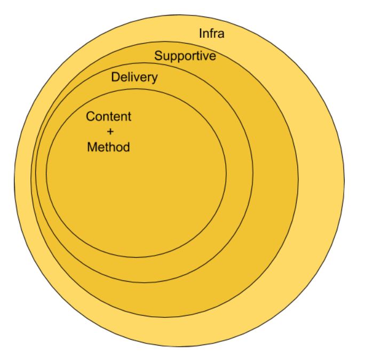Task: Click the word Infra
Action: [211, 34]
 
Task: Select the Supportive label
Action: [185, 55]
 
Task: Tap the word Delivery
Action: [134, 77]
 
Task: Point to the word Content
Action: [108, 116]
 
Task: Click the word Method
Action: [108, 147]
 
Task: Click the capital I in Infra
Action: [201, 34]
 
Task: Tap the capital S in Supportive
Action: [158, 55]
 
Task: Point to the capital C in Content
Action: [91, 116]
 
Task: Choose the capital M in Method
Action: [92, 147]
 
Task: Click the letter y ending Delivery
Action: [155, 79]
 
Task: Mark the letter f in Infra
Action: [212, 34]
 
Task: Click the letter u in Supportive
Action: [166, 56]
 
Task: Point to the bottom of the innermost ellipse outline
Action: [136, 257]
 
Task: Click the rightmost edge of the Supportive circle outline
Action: [298, 179]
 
